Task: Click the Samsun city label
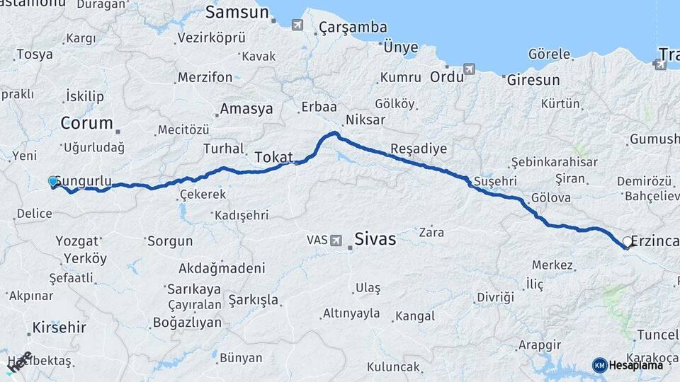pyautogui.click(x=237, y=13)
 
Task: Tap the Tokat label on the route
pyautogui.click(x=273, y=157)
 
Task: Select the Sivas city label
pyautogui.click(x=375, y=239)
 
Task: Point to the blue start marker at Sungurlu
pyautogui.click(x=53, y=182)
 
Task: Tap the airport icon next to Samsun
pyautogui.click(x=297, y=25)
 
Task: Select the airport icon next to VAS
pyautogui.click(x=336, y=241)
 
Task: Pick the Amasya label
pyautogui.click(x=246, y=109)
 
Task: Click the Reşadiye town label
pyautogui.click(x=419, y=149)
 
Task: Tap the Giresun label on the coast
pyautogui.click(x=533, y=80)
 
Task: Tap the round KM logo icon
pyautogui.click(x=599, y=365)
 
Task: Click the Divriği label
pyautogui.click(x=494, y=296)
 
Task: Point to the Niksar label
pyautogui.click(x=365, y=119)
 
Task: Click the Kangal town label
pyautogui.click(x=415, y=316)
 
